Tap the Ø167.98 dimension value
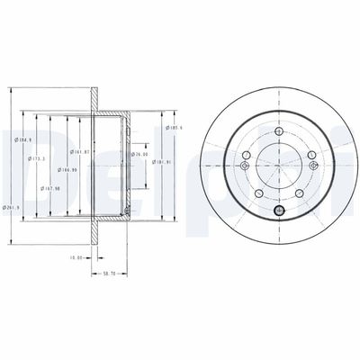click(52, 190)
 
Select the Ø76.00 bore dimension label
click(139, 154)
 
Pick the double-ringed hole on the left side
click(246, 165)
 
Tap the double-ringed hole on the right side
click(311, 165)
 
